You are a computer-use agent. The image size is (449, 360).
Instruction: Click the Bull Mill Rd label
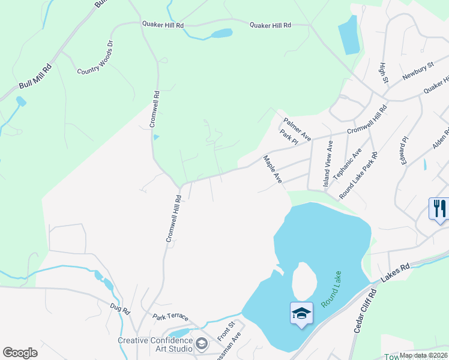click(35, 77)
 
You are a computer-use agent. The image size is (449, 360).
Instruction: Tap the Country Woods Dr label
click(95, 58)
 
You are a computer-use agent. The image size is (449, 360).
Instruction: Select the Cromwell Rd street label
click(155, 109)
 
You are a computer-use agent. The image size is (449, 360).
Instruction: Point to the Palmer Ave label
click(297, 127)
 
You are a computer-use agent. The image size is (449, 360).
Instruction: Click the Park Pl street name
click(289, 139)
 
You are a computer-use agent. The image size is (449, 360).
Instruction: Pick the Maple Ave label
click(273, 169)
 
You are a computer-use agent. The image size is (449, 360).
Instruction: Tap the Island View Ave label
click(328, 165)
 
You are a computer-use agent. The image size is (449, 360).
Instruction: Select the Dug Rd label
click(120, 310)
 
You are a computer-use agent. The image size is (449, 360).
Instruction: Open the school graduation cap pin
click(301, 313)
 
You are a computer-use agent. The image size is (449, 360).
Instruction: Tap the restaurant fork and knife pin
click(440, 209)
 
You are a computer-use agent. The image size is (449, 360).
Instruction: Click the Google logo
click(20, 352)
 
